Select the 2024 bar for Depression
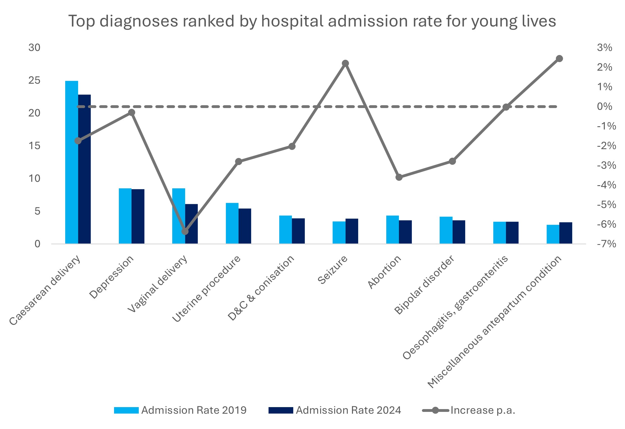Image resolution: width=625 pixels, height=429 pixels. tap(138, 216)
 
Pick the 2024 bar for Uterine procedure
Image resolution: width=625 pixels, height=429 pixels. tap(245, 226)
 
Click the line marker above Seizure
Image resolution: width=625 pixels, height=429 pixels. tap(346, 63)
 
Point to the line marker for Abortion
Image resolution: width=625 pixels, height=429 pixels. tap(399, 177)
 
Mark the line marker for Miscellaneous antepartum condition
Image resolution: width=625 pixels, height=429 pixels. tap(559, 59)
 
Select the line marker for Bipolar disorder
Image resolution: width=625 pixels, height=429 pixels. tap(452, 161)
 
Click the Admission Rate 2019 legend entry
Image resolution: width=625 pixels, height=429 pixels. tap(180, 410)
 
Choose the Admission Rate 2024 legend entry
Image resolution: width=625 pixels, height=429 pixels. tap(335, 410)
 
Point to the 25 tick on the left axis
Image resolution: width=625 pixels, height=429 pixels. tap(34, 81)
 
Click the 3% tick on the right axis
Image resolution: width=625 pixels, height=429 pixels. tap(604, 48)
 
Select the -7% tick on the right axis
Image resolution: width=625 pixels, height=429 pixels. tap(606, 244)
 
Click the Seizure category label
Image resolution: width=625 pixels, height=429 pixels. tap(333, 270)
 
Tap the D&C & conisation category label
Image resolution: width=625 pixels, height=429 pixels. tap(261, 288)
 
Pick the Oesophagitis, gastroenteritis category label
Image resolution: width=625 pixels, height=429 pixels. tap(455, 308)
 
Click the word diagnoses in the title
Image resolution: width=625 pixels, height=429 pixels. tap(139, 21)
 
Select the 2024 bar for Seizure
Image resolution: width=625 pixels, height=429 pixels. tap(352, 231)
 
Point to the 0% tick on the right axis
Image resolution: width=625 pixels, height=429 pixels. tap(604, 107)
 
